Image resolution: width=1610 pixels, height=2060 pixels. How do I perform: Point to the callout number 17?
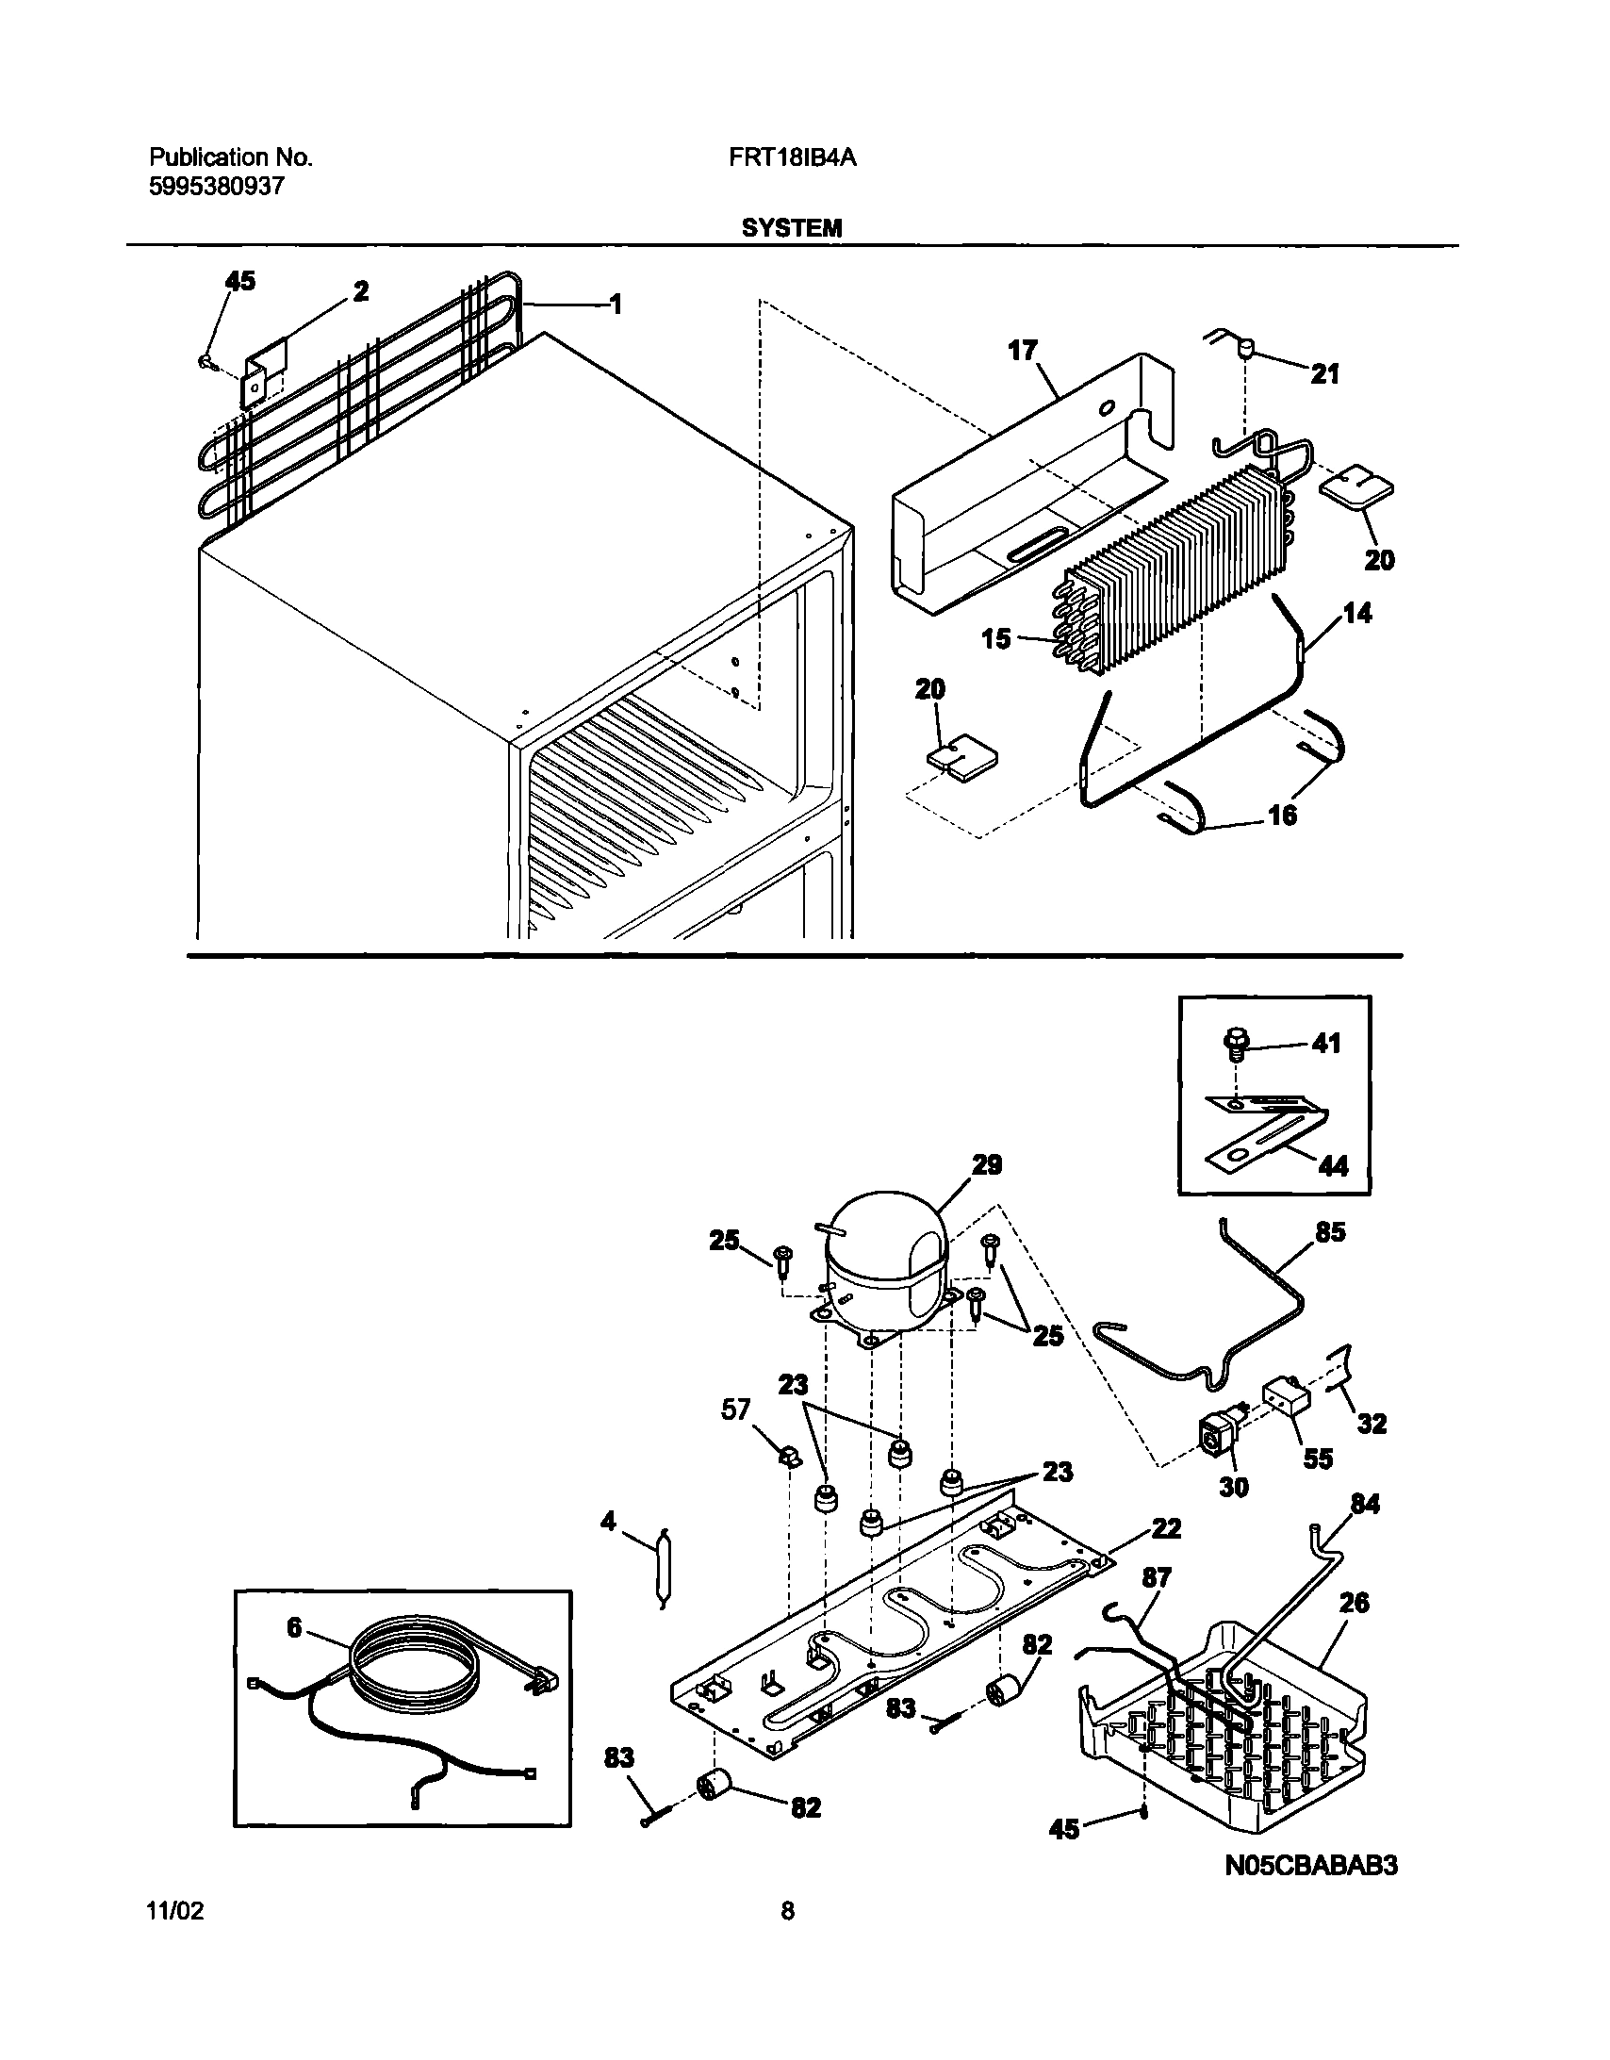pyautogui.click(x=1023, y=351)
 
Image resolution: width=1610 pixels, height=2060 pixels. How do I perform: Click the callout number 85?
pyautogui.click(x=1330, y=1233)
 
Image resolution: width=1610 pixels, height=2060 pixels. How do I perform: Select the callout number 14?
pyautogui.click(x=1357, y=614)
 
